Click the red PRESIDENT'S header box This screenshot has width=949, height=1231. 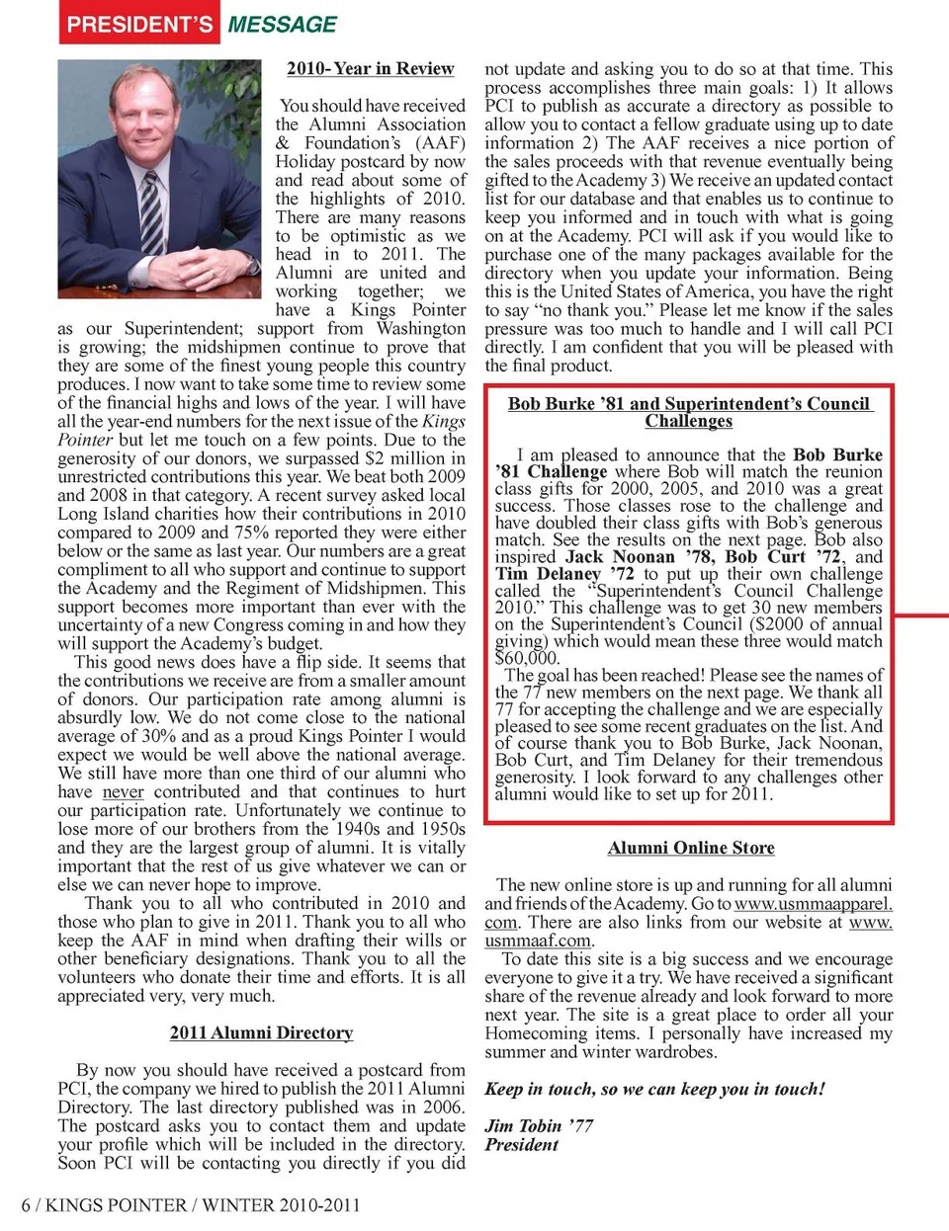139,24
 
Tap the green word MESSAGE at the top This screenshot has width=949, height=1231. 283,25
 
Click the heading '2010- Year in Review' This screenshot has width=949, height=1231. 370,69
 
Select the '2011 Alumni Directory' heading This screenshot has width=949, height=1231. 261,1033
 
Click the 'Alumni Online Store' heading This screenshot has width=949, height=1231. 691,848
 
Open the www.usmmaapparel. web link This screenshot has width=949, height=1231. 813,904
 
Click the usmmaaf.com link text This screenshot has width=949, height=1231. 538,941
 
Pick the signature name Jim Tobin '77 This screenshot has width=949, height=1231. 539,1126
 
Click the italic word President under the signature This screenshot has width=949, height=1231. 521,1145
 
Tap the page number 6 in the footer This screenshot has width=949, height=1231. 26,1205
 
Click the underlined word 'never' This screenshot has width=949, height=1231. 123,792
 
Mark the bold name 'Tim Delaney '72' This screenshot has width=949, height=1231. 564,574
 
